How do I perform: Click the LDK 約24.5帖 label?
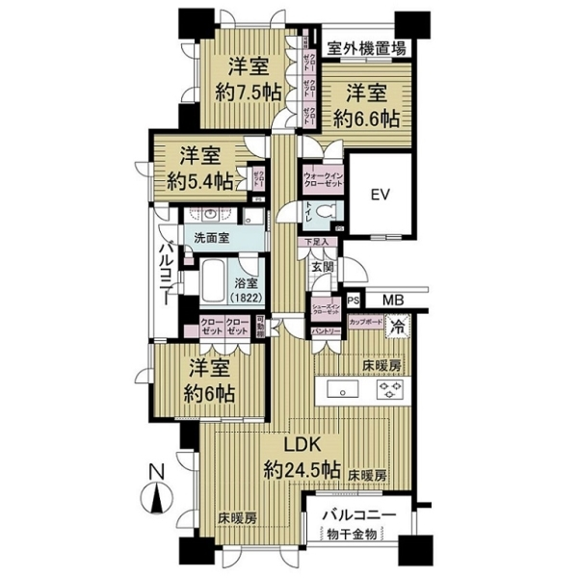(x=302, y=459)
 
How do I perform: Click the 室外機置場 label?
(x=365, y=48)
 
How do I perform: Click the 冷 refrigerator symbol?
(x=398, y=326)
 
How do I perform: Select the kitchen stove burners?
(x=391, y=390)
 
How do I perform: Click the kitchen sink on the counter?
(x=345, y=390)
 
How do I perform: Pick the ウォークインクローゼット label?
(x=324, y=178)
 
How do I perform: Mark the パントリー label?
(x=325, y=332)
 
